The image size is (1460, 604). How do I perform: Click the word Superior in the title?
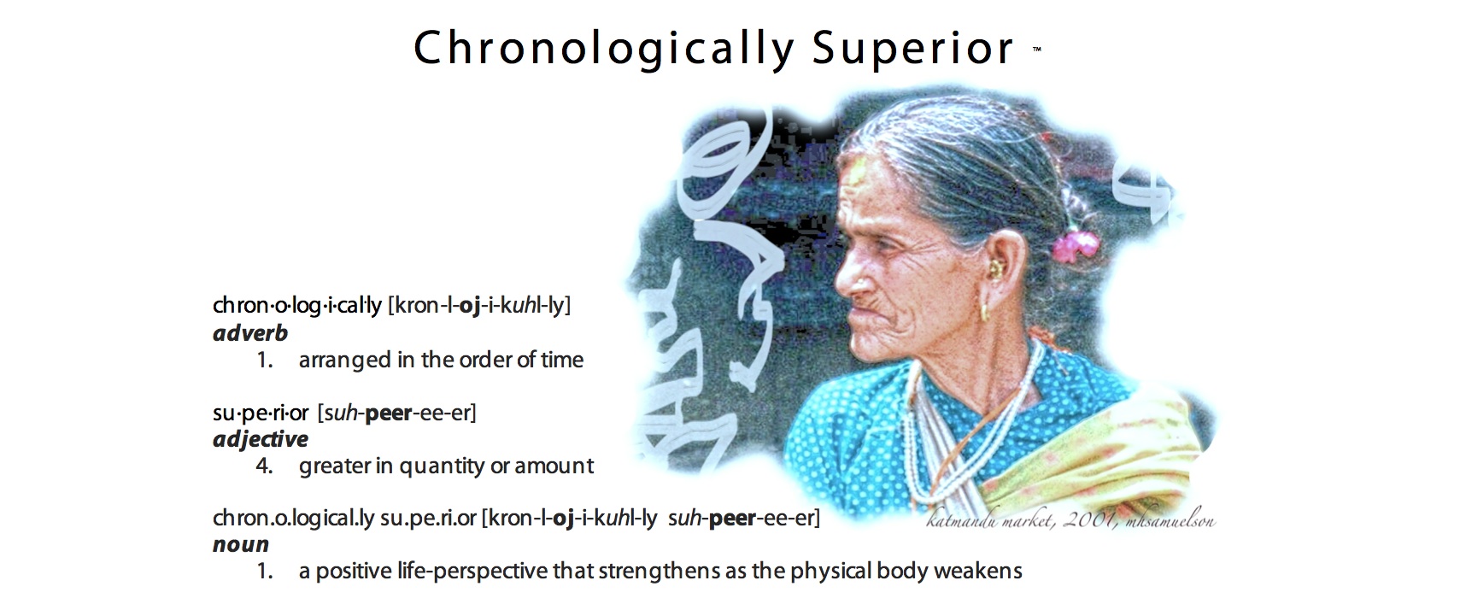coord(913,50)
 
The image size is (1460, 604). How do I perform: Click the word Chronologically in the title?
coord(603,50)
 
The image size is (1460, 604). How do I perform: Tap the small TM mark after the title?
coord(1037,48)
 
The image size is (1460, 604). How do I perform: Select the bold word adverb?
coord(250,333)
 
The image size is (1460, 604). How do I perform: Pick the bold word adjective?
coord(260,440)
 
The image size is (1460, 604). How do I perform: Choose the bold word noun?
coord(241,545)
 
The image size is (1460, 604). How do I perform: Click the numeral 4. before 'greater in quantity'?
coord(264,466)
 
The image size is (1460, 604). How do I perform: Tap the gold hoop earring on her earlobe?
coord(984,312)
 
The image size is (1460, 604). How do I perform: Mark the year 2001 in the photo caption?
coord(1088,521)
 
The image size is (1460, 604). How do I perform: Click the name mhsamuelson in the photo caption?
coord(1167,521)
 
